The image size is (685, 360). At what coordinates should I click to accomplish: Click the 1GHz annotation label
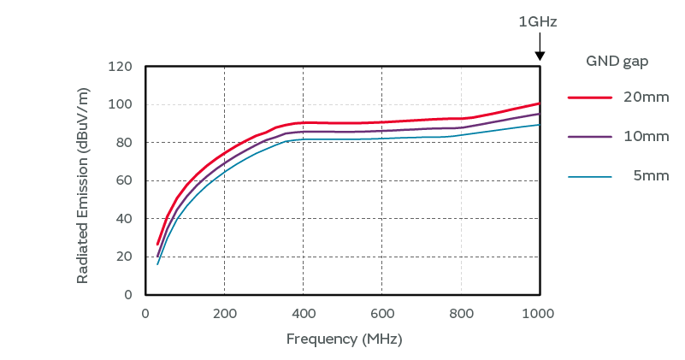(538, 22)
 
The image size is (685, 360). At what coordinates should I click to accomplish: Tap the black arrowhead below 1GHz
(540, 56)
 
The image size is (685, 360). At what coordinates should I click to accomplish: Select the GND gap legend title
(617, 61)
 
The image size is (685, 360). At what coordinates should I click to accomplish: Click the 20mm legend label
(646, 97)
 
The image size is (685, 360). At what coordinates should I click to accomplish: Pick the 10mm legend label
(646, 137)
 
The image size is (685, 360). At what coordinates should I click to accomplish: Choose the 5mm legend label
(651, 176)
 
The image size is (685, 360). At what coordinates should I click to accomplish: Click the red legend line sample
(590, 97)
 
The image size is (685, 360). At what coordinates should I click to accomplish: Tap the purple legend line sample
(590, 137)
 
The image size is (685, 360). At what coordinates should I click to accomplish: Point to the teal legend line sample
(590, 176)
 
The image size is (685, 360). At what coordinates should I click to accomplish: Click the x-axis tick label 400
(303, 312)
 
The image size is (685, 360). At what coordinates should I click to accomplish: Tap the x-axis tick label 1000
(539, 312)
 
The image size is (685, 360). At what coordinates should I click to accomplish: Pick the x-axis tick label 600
(381, 312)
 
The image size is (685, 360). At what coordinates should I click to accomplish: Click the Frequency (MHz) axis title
(344, 339)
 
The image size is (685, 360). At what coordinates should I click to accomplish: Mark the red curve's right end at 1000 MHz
(539, 103)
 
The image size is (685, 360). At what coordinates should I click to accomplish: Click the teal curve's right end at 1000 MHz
(539, 125)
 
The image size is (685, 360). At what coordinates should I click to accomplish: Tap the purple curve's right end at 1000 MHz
(539, 114)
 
